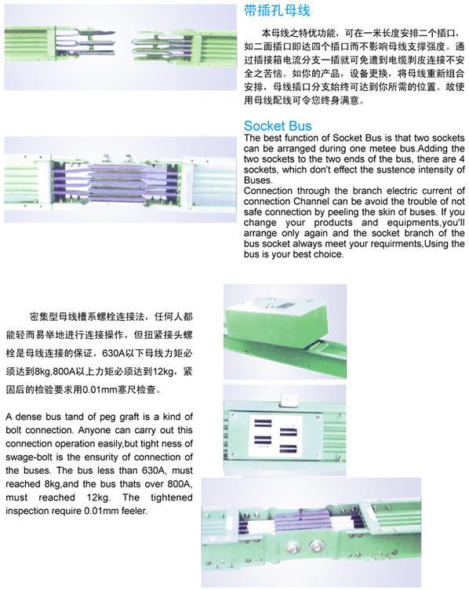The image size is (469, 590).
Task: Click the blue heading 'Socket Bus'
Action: [x=278, y=126]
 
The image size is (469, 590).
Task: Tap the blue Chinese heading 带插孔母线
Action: [x=277, y=11]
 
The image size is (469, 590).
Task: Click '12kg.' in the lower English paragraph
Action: [x=99, y=497]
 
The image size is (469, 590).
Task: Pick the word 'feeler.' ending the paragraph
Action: [x=134, y=511]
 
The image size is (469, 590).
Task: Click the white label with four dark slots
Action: [x=276, y=435]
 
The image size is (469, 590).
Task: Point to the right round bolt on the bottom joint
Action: [x=316, y=545]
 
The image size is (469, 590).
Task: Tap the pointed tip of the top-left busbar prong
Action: [x=114, y=33]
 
